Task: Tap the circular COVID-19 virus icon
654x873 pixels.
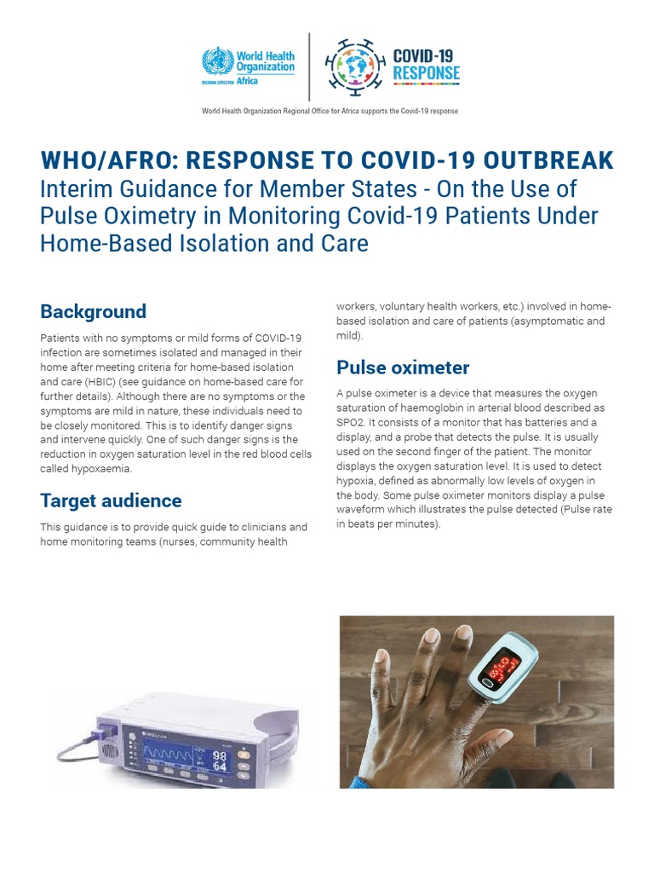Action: point(354,65)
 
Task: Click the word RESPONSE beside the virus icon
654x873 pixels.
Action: point(426,74)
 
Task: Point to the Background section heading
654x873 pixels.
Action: point(93,311)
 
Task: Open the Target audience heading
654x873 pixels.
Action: point(111,500)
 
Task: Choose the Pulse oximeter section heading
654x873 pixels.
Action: point(403,367)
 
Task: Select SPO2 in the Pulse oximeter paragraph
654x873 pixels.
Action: point(349,422)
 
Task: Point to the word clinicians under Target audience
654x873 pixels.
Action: point(253,527)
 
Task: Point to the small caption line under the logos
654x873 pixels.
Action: point(330,111)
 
